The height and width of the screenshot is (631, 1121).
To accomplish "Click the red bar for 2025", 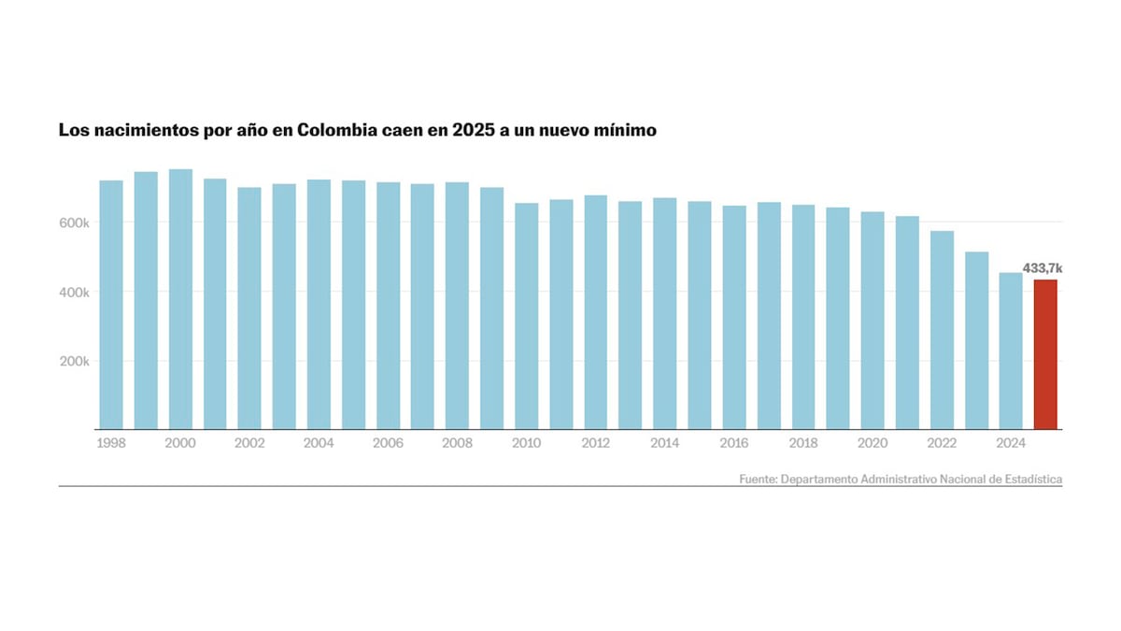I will click(x=1045, y=355).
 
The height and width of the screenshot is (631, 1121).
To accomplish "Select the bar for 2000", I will click(x=180, y=299).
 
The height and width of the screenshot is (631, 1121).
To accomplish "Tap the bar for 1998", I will click(x=111, y=305).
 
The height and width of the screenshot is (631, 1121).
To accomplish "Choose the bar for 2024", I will click(x=1011, y=351).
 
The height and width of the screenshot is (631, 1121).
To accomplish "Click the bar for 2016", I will click(x=734, y=318).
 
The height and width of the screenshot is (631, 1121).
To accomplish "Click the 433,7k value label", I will click(x=1043, y=268).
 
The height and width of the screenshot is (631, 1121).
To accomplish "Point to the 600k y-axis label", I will click(x=73, y=223).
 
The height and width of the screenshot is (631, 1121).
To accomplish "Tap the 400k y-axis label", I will click(x=73, y=293).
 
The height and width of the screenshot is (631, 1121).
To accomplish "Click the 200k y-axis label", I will click(x=73, y=362).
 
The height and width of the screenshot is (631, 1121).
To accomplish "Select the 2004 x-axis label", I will click(x=319, y=443).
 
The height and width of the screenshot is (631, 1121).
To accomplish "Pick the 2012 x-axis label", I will click(x=595, y=443).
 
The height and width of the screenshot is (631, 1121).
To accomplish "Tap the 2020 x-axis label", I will click(x=873, y=443).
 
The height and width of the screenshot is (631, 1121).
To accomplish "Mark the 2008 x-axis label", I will click(x=457, y=443).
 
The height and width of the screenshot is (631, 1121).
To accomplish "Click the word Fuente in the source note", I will click(x=758, y=479).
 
